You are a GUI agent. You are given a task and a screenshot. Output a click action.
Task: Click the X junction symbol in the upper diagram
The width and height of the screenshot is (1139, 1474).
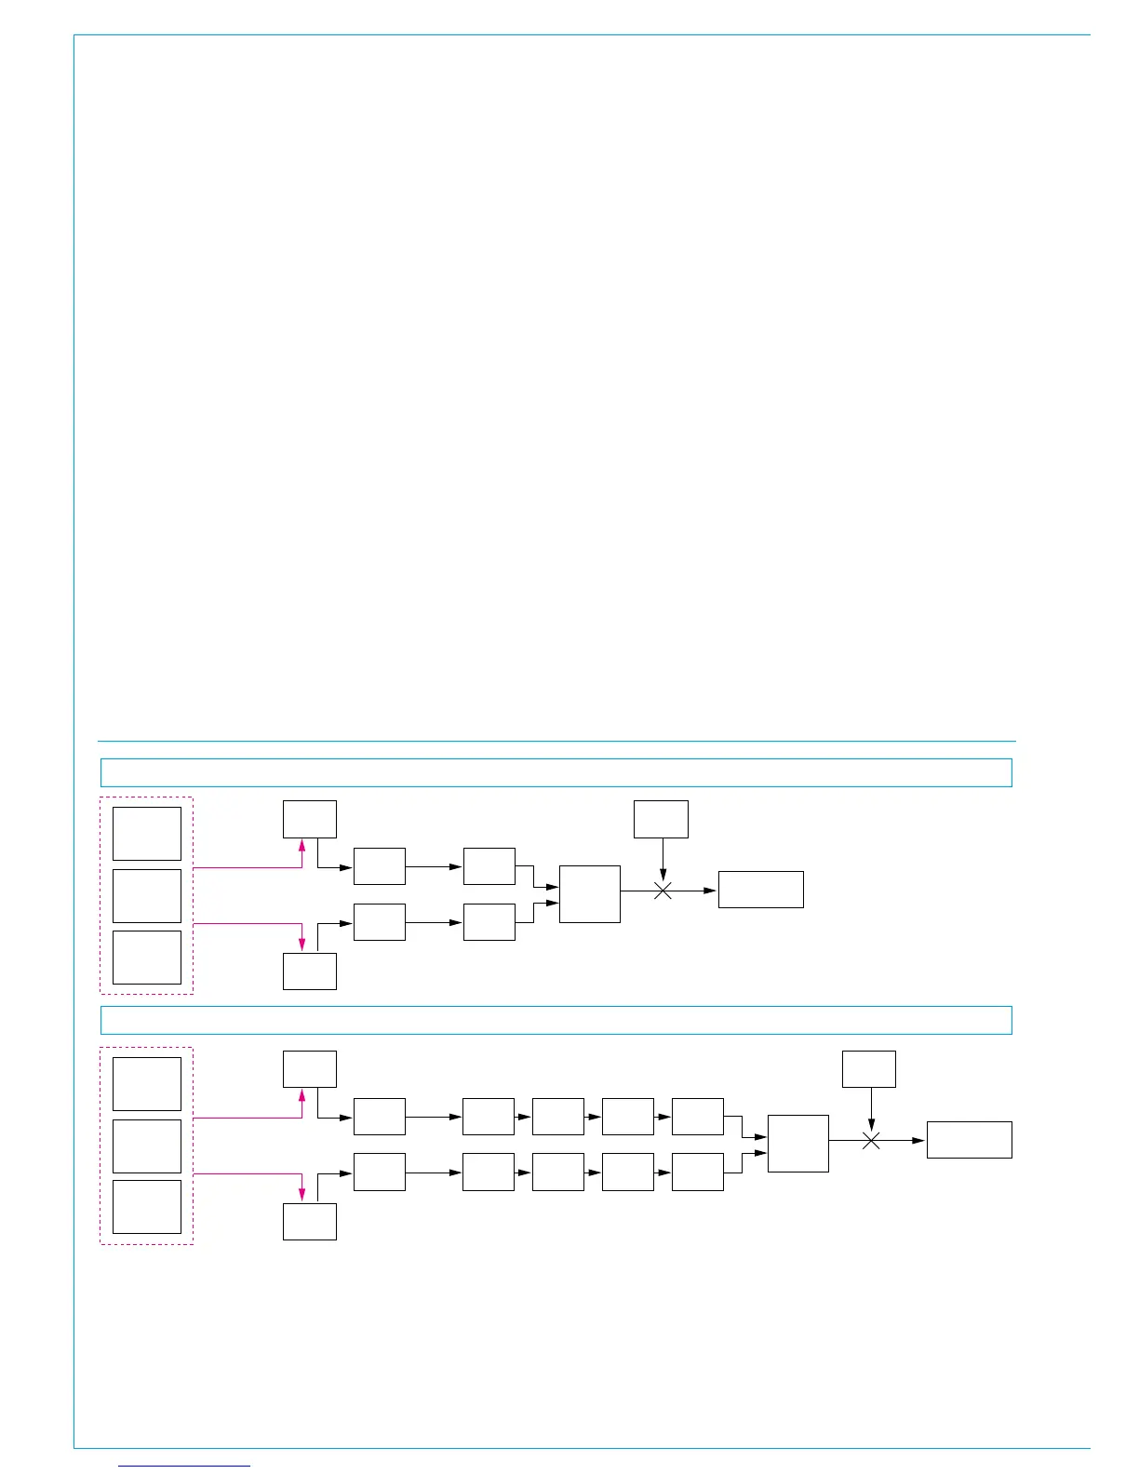click(663, 891)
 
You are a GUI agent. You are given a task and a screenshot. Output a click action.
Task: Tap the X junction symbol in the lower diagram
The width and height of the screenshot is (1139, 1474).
click(871, 1140)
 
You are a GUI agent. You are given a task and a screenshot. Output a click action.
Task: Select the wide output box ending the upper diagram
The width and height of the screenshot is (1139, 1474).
click(761, 890)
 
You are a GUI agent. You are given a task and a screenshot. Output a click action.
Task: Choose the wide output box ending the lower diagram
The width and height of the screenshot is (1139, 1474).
click(969, 1139)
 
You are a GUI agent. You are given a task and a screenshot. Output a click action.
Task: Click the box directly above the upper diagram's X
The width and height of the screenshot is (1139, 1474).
click(661, 819)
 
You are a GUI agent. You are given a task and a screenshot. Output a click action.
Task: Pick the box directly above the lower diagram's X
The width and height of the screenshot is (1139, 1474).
click(869, 1068)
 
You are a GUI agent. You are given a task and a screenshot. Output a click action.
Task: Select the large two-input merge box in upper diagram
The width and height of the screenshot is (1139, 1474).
click(590, 894)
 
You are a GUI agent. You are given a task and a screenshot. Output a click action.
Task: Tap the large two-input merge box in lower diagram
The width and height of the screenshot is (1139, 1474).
click(797, 1144)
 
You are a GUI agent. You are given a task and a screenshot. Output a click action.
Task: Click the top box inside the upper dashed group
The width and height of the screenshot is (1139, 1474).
click(147, 834)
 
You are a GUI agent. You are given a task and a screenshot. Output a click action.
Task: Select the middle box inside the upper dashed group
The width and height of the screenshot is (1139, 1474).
click(147, 896)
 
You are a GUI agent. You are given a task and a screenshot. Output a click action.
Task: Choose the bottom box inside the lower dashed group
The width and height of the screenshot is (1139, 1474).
click(147, 1207)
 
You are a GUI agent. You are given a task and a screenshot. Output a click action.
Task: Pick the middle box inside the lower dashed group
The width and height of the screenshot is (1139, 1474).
click(147, 1146)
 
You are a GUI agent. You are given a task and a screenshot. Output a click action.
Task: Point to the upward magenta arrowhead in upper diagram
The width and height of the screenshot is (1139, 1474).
click(301, 845)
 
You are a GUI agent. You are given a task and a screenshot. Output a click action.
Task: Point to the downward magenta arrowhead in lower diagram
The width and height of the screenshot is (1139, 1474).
click(301, 1195)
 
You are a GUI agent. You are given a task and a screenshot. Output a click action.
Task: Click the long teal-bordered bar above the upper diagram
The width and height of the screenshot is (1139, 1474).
click(556, 772)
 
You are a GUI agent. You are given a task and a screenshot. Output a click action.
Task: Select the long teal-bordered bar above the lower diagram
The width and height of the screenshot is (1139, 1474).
click(556, 1020)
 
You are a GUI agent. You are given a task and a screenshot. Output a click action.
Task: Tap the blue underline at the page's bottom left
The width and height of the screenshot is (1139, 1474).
click(185, 1466)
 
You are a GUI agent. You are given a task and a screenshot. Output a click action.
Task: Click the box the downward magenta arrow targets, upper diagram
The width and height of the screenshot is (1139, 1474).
click(309, 971)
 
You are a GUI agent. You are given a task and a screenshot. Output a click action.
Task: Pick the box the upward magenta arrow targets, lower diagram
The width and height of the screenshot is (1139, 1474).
click(309, 1068)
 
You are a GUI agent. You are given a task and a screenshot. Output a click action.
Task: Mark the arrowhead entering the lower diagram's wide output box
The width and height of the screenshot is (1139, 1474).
click(919, 1140)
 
